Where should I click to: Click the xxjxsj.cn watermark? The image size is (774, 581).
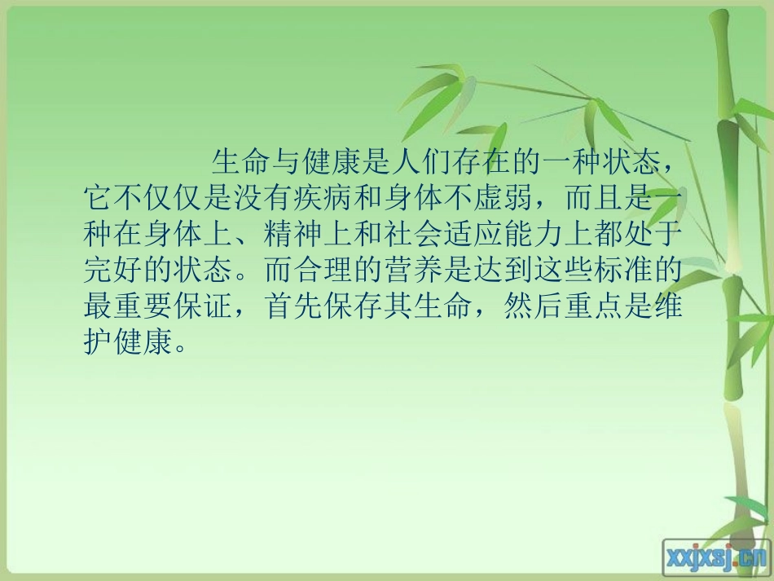pyautogui.click(x=717, y=557)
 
